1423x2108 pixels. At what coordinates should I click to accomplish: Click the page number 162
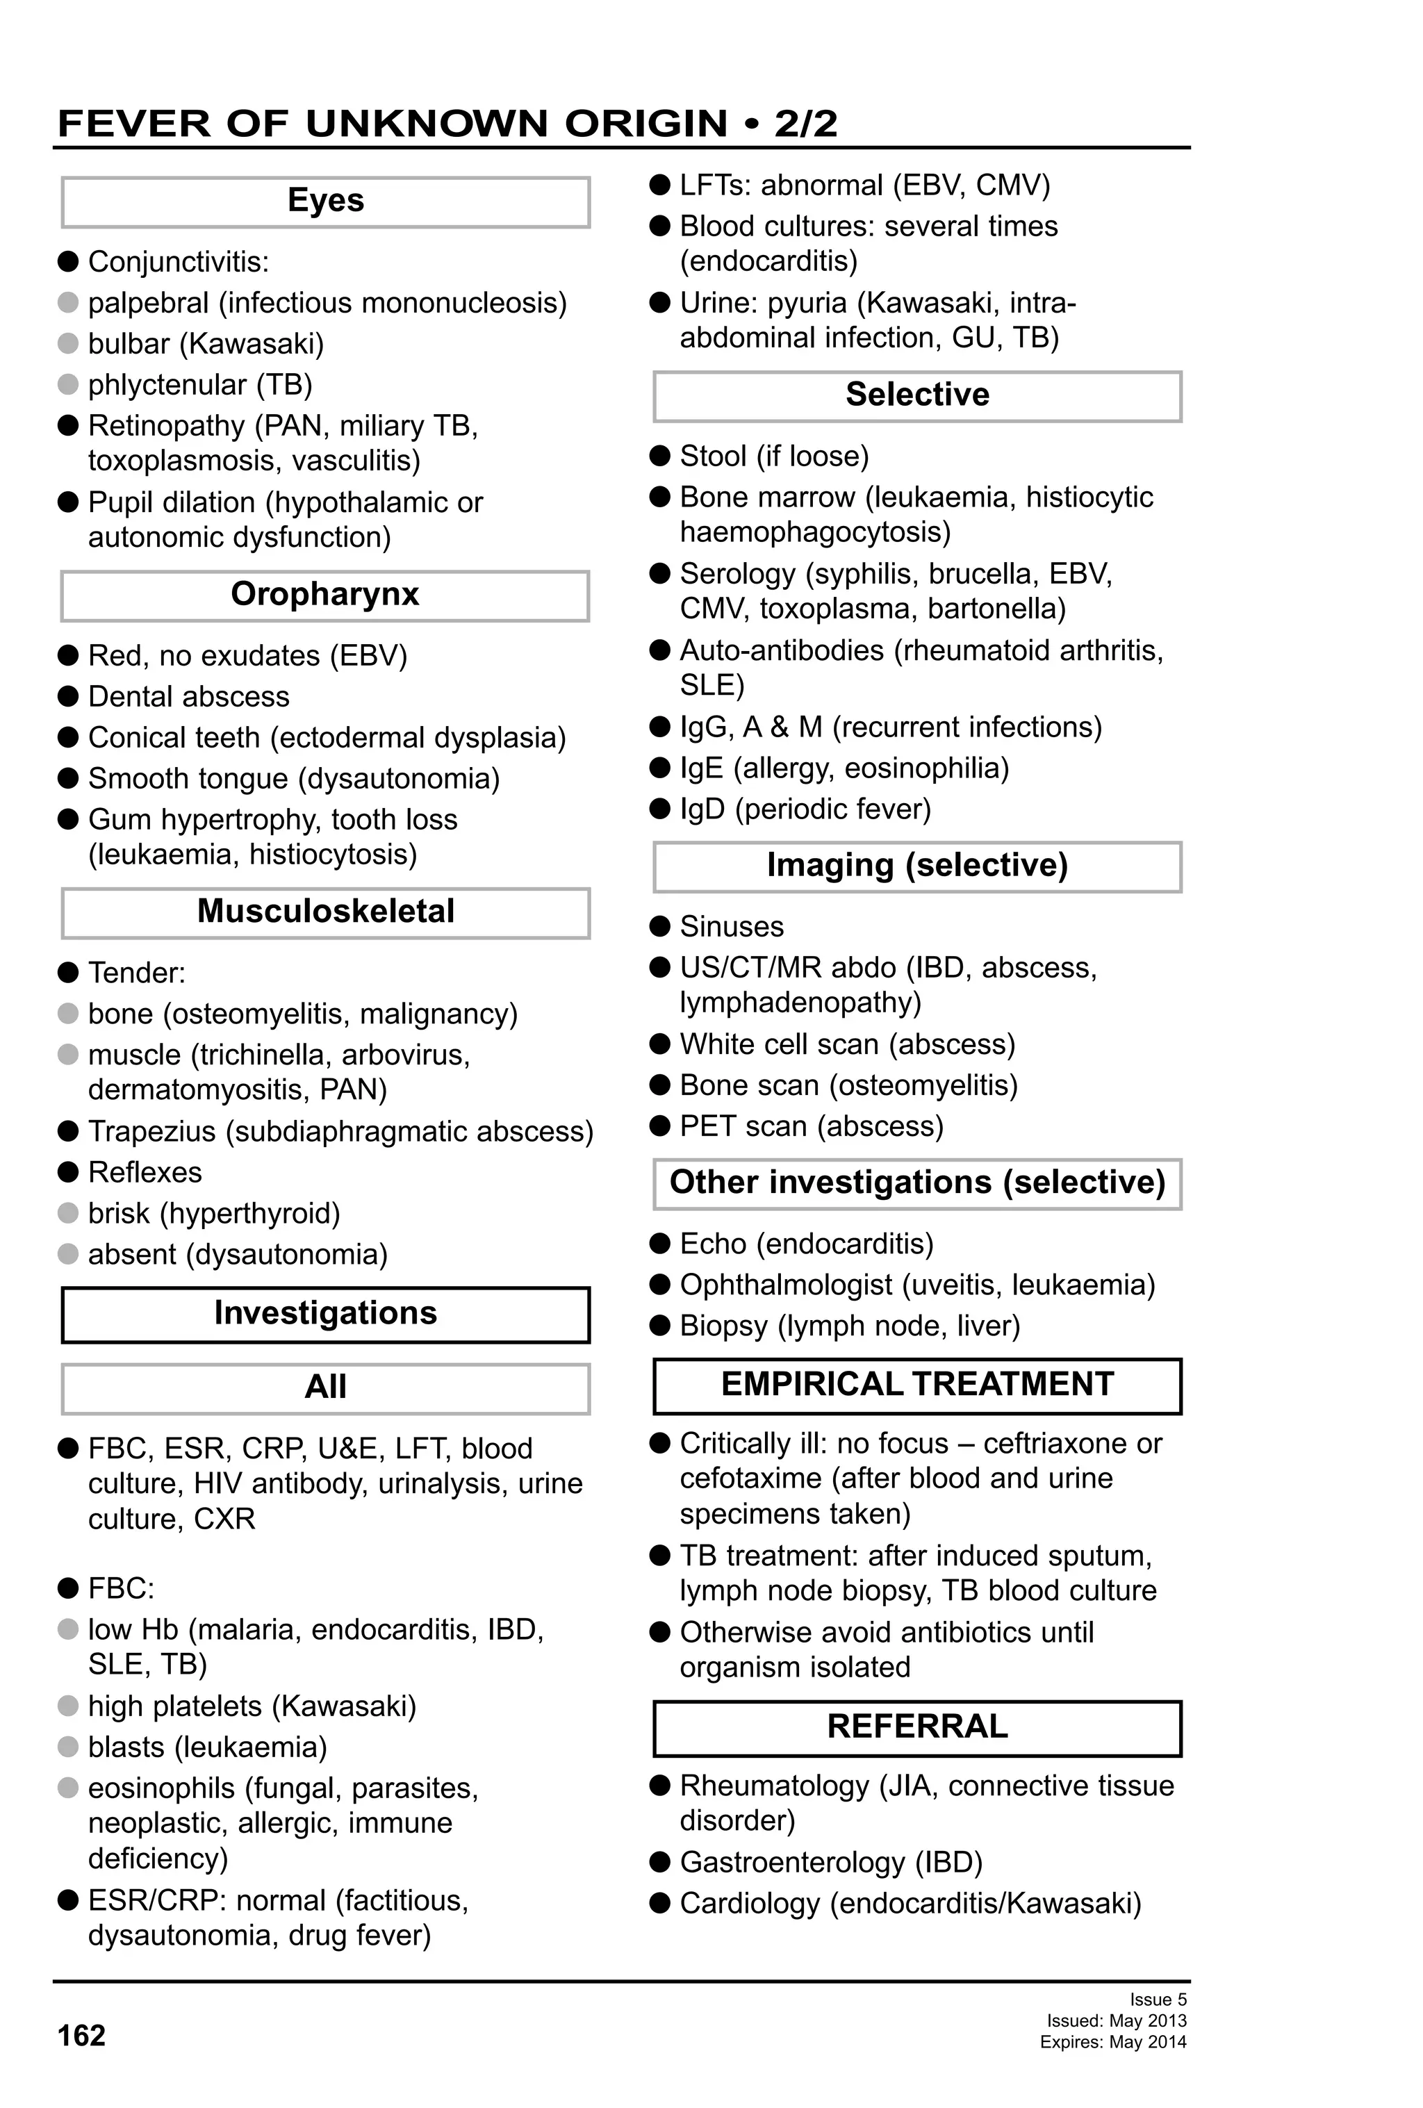81,2036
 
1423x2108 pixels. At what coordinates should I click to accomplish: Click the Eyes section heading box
326,201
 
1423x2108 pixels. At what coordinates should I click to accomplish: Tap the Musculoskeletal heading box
326,912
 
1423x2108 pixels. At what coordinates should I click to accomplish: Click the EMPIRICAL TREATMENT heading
917,1385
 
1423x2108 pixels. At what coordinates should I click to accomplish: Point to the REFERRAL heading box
917,1728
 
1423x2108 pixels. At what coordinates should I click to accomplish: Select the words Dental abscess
189,697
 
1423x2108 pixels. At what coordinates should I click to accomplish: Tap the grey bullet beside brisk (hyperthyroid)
68,1212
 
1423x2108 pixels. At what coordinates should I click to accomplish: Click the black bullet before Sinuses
660,926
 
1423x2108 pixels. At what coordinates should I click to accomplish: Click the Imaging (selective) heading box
917,866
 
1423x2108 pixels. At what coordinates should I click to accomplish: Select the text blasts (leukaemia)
207,1747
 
